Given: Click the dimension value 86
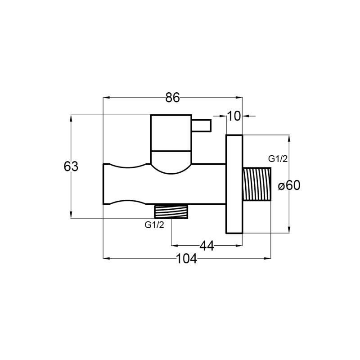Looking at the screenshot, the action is coord(172,98).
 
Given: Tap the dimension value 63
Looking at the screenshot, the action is coord(71,166).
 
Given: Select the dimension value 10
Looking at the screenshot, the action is coord(234,116).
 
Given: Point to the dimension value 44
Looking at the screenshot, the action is coord(207,246).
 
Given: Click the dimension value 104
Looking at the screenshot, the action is coord(186,259).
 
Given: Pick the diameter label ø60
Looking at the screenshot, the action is coord(289,185).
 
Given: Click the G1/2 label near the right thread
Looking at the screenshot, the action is coord(278,159).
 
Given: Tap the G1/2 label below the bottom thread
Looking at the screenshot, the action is coord(154,225).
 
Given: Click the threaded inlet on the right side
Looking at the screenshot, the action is coord(256,184).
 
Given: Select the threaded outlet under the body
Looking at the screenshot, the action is coord(171,211).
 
